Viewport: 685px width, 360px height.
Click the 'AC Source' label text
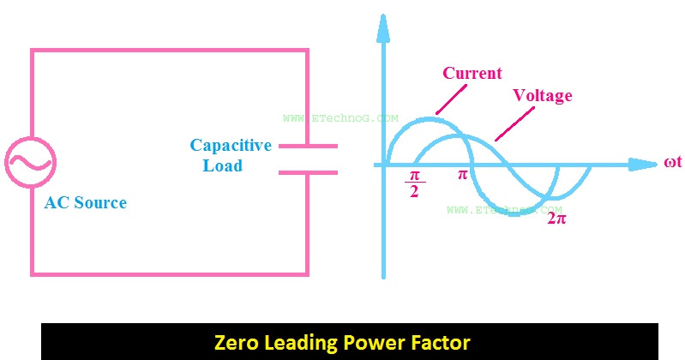coord(85,203)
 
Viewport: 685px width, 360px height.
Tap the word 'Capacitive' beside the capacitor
coord(231,145)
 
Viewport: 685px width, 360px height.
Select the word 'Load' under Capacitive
coord(223,165)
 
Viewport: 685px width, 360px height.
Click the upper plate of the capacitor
coord(308,147)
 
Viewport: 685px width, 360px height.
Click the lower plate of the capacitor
coord(308,171)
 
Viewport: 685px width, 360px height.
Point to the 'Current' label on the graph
coord(472,74)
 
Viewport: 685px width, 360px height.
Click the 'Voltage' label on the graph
coord(542,94)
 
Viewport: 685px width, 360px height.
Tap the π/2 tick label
coord(414,183)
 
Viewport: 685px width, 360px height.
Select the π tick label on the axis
coord(462,175)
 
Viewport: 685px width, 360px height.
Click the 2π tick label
coord(556,218)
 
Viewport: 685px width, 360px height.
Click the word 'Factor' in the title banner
coord(441,343)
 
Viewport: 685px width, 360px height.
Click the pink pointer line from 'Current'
coord(448,99)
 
